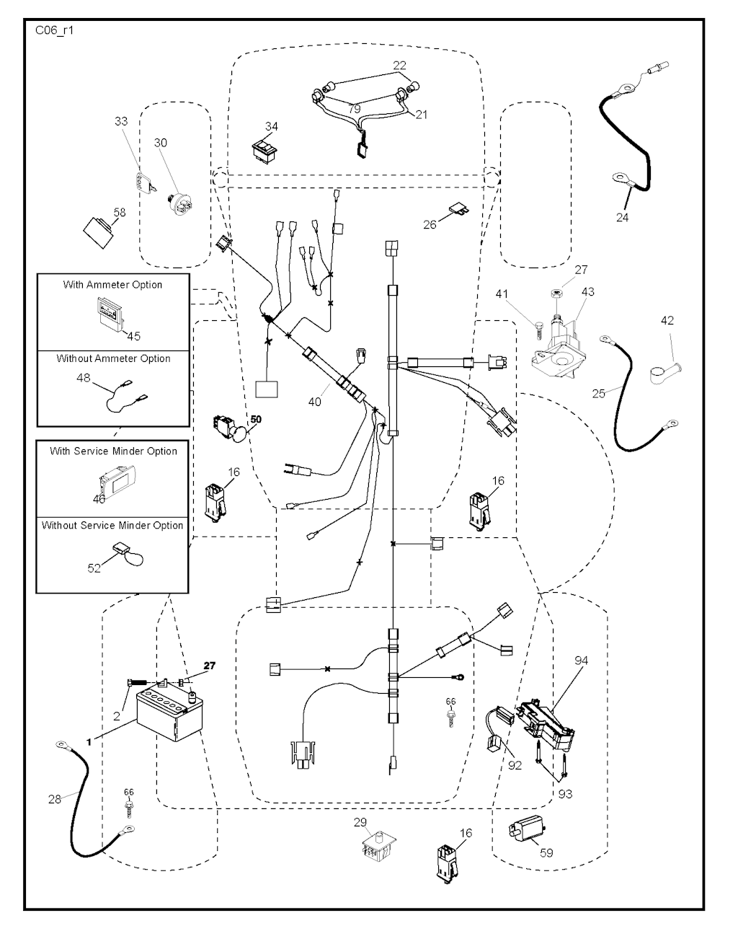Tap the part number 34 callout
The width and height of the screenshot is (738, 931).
271,127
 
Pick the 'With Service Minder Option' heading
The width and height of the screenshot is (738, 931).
113,451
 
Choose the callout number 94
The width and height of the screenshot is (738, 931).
581,660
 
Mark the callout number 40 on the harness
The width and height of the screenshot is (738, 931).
314,402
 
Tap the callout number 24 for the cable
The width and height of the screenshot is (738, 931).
622,217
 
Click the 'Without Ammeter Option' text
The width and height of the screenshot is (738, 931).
114,358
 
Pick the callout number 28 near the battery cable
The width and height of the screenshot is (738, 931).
55,799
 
